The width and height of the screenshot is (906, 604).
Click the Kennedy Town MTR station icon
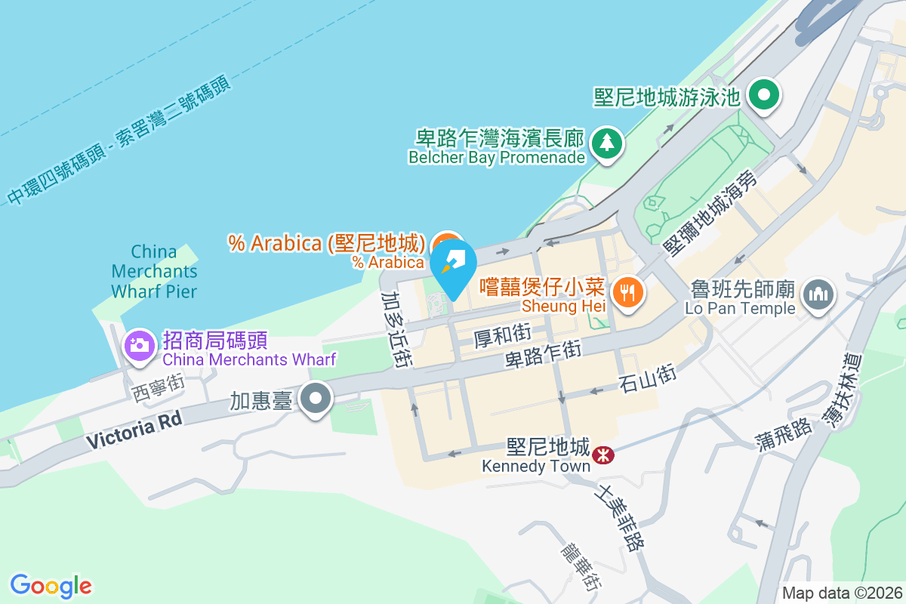[x=602, y=455]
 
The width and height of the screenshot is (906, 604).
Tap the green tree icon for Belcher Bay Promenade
[x=606, y=143]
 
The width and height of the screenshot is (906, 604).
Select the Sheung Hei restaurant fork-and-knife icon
[x=627, y=291]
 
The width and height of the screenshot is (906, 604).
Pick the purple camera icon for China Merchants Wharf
[x=139, y=346]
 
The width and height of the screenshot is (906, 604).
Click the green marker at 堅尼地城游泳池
[x=764, y=96]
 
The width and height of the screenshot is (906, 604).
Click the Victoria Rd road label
[x=134, y=431]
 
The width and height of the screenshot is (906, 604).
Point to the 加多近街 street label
[x=396, y=329]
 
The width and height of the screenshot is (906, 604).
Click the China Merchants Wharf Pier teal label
[x=154, y=271]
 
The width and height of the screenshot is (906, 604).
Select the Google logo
[x=51, y=585]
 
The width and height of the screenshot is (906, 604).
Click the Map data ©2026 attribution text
[x=841, y=593]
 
